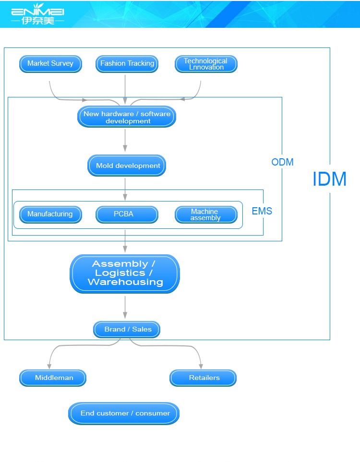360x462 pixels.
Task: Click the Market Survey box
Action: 50,64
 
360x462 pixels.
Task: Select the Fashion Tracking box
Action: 127,64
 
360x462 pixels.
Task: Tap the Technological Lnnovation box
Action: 206,64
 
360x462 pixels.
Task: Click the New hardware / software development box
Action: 127,117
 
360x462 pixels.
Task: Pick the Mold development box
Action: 127,166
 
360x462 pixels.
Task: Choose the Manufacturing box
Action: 50,214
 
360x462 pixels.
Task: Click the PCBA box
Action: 127,214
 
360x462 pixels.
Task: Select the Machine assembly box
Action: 206,214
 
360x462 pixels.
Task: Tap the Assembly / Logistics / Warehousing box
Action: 125,274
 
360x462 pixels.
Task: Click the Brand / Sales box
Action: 127,330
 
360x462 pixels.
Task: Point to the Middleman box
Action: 53,378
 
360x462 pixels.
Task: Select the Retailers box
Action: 203,378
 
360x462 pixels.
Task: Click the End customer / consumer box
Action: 124,414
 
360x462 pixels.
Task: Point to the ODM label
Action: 282,162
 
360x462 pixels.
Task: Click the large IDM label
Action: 329,179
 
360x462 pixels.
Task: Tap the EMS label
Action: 262,211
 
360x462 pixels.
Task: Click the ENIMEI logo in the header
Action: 38,14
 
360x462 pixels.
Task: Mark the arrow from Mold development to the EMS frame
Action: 125,189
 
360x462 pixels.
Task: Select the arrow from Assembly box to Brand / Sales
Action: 125,308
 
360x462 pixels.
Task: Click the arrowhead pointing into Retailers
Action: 201,366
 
